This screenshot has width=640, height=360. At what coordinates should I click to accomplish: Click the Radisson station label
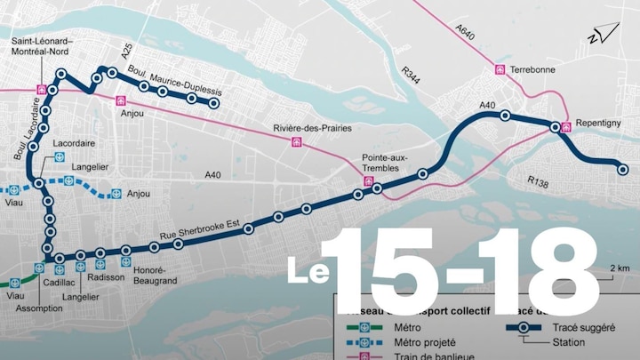pos(107,276)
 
